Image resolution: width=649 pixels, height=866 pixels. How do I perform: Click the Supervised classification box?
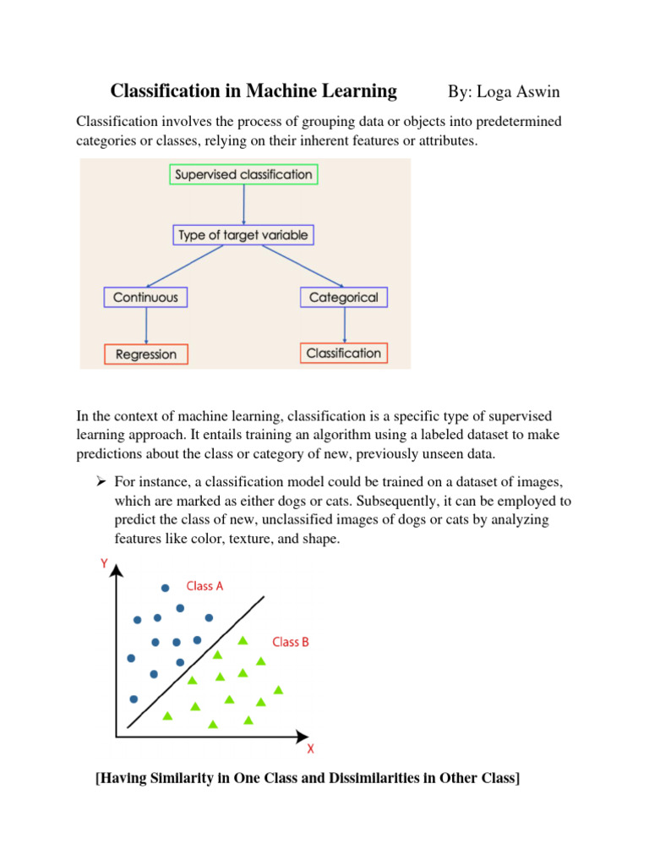point(243,175)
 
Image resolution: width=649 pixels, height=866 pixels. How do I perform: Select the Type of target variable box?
point(243,234)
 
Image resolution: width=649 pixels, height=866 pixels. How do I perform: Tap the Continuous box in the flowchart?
point(146,297)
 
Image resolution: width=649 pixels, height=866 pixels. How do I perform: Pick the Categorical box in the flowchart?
point(344,297)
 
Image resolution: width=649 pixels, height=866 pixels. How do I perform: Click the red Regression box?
point(146,354)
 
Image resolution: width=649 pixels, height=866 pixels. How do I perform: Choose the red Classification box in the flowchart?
point(344,353)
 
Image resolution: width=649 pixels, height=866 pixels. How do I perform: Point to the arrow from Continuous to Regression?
point(146,326)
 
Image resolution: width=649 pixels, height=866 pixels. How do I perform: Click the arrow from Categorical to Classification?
point(344,325)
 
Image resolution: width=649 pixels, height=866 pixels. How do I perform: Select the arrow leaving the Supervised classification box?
point(243,205)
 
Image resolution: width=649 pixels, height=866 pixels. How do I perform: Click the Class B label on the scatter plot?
point(290,642)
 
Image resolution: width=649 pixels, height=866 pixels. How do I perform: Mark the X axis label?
point(310,748)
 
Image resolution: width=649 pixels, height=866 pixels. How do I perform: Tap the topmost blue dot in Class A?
point(166,588)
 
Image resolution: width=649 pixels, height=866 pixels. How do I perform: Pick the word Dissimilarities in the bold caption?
point(353,778)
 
